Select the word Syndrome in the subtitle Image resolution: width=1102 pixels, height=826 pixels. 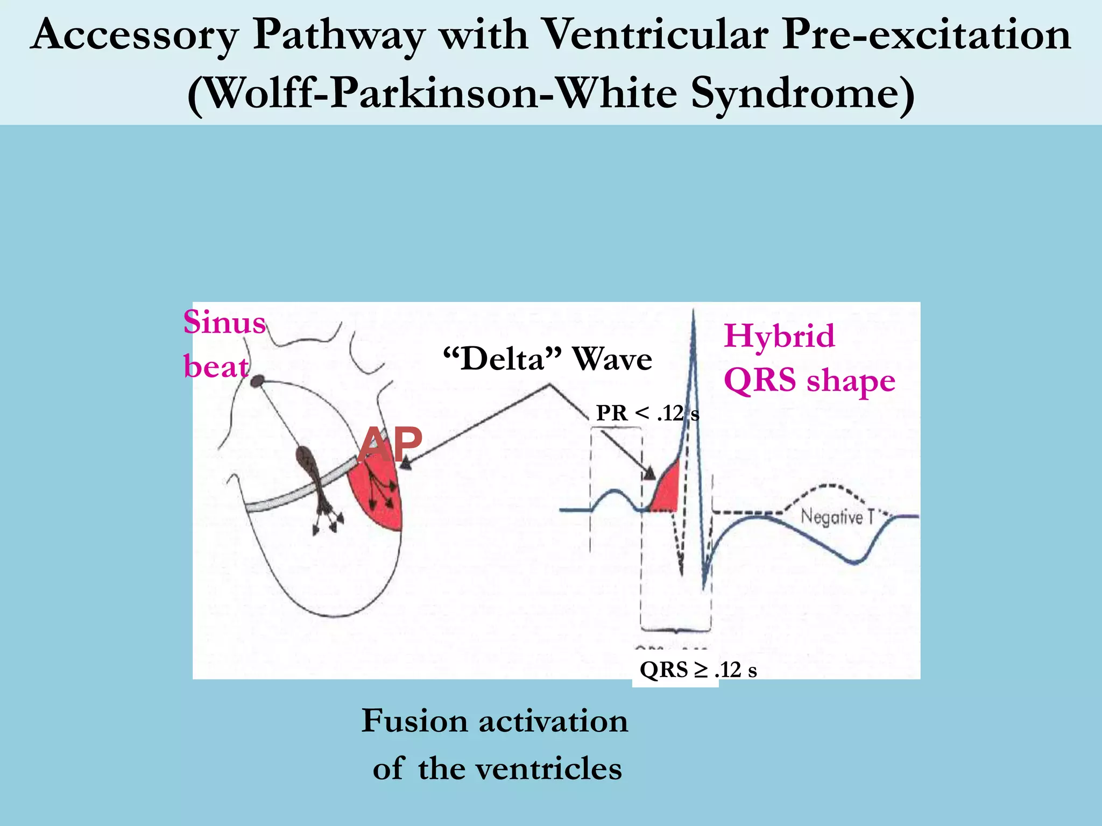coord(802,94)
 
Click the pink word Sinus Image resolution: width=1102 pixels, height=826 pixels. coord(224,323)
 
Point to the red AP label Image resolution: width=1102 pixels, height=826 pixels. coord(391,444)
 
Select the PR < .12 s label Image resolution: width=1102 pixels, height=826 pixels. coord(647,413)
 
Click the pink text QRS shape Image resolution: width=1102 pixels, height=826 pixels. coord(809,380)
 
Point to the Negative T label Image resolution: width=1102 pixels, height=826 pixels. coord(837,517)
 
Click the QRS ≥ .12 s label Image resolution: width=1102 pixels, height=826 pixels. coord(698,670)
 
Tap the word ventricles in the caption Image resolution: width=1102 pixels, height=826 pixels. coord(547,768)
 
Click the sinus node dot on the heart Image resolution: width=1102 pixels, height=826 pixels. coord(258,381)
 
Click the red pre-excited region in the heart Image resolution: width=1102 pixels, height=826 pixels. coord(377,497)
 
